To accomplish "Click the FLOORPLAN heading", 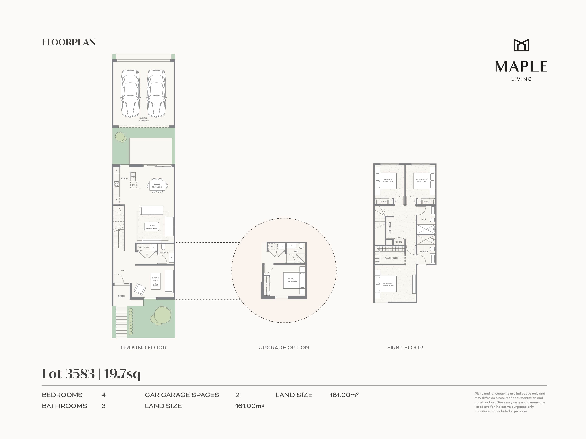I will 69,42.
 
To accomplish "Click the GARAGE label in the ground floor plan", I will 143,118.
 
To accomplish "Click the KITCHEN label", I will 125,179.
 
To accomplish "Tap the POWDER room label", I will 164,253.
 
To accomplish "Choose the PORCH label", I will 121,296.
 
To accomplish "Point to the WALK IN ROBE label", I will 391,258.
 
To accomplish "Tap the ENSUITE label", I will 424,251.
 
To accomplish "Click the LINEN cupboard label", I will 399,242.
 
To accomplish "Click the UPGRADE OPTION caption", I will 284,348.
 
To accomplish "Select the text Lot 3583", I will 68,374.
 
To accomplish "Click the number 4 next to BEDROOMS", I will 104,395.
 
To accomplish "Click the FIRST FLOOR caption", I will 405,348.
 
